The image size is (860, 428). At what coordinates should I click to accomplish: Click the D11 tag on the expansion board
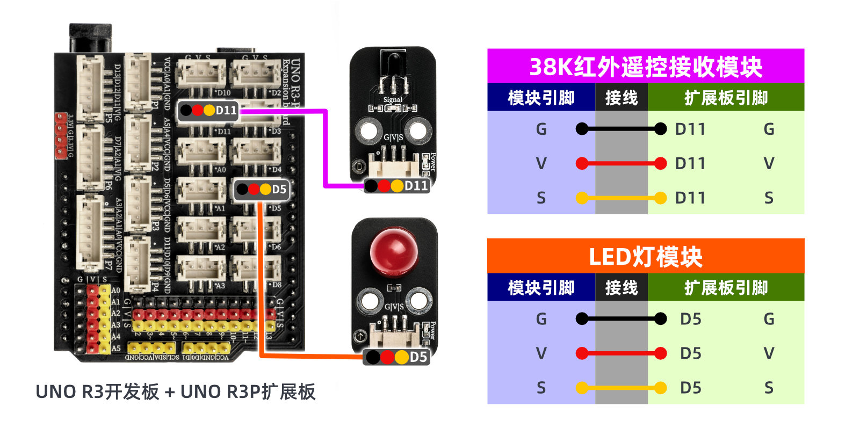(209, 110)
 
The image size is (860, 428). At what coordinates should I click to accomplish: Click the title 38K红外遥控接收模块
(645, 67)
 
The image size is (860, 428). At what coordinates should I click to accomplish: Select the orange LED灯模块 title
(645, 256)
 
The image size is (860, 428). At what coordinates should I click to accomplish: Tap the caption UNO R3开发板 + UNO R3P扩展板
(175, 392)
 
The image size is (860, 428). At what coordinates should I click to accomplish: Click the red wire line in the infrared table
(621, 163)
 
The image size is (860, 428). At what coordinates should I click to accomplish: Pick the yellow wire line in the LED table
(621, 388)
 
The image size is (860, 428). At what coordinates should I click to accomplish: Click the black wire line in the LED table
(621, 319)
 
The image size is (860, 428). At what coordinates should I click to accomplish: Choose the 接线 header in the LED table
(621, 288)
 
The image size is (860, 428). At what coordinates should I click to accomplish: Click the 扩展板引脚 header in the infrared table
(726, 98)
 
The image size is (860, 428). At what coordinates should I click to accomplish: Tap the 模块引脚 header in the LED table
(541, 288)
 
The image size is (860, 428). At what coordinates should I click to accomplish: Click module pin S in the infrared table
(541, 198)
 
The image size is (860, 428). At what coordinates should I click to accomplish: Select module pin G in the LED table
(541, 319)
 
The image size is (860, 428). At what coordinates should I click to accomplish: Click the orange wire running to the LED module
(261, 279)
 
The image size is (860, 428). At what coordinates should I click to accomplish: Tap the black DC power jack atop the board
(90, 38)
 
